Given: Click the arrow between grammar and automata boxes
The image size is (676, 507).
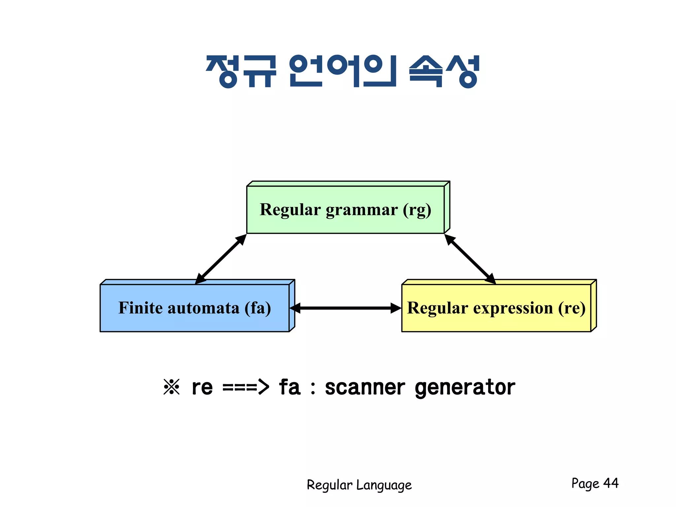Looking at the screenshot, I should pyautogui.click(x=220, y=259).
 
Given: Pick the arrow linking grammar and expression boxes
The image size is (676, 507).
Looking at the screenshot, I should pyautogui.click(x=470, y=259).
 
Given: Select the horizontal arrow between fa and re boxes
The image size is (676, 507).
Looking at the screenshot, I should pyautogui.click(x=345, y=308).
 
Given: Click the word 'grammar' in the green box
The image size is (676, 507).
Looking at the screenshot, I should pyautogui.click(x=361, y=210).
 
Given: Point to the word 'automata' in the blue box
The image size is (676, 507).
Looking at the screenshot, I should pyautogui.click(x=203, y=308).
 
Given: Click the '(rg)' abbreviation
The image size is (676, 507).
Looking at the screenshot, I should pyautogui.click(x=417, y=210).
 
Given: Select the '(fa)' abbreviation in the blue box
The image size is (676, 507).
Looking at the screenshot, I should pyautogui.click(x=257, y=308).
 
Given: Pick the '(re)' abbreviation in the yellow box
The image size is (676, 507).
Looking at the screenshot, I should pyautogui.click(x=572, y=308).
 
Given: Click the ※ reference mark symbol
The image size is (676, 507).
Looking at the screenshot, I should pyautogui.click(x=172, y=387).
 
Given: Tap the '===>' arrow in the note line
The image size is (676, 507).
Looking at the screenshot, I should pyautogui.click(x=246, y=387).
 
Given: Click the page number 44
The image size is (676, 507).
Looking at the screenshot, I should pyautogui.click(x=611, y=483).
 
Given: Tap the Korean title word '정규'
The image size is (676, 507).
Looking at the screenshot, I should pyautogui.click(x=241, y=71).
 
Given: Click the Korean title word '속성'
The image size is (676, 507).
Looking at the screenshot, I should pyautogui.click(x=444, y=71).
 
